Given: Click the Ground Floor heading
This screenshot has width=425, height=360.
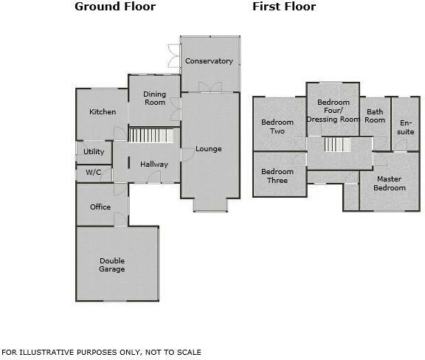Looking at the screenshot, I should [x=115, y=7].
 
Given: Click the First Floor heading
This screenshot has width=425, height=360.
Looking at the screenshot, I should [x=284, y=7].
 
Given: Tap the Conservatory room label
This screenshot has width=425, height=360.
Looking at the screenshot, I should [x=209, y=61].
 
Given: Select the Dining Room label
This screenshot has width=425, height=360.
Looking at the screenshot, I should [x=154, y=98].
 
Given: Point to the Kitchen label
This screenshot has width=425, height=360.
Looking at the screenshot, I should [x=103, y=112].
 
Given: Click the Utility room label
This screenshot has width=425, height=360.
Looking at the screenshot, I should [x=94, y=152].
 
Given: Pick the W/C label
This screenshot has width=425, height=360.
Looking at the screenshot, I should [x=93, y=173].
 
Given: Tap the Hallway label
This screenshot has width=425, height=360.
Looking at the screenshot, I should [x=154, y=165].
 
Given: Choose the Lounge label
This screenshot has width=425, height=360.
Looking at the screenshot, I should [x=209, y=149].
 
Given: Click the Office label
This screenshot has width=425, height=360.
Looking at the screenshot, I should [x=100, y=207].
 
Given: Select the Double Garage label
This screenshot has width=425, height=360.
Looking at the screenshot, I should [x=113, y=265].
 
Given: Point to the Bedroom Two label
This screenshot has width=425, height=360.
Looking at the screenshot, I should [x=277, y=127].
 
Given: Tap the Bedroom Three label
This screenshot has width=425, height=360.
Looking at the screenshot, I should [x=277, y=176].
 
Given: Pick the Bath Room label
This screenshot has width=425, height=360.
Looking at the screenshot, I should [x=375, y=116].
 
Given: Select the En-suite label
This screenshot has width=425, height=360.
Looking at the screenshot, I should [x=406, y=127].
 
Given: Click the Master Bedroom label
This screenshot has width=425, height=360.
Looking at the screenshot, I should [x=389, y=183].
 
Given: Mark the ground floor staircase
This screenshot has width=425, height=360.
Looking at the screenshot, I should [x=153, y=136].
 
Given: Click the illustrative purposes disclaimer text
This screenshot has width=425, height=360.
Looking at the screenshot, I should [x=101, y=353].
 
